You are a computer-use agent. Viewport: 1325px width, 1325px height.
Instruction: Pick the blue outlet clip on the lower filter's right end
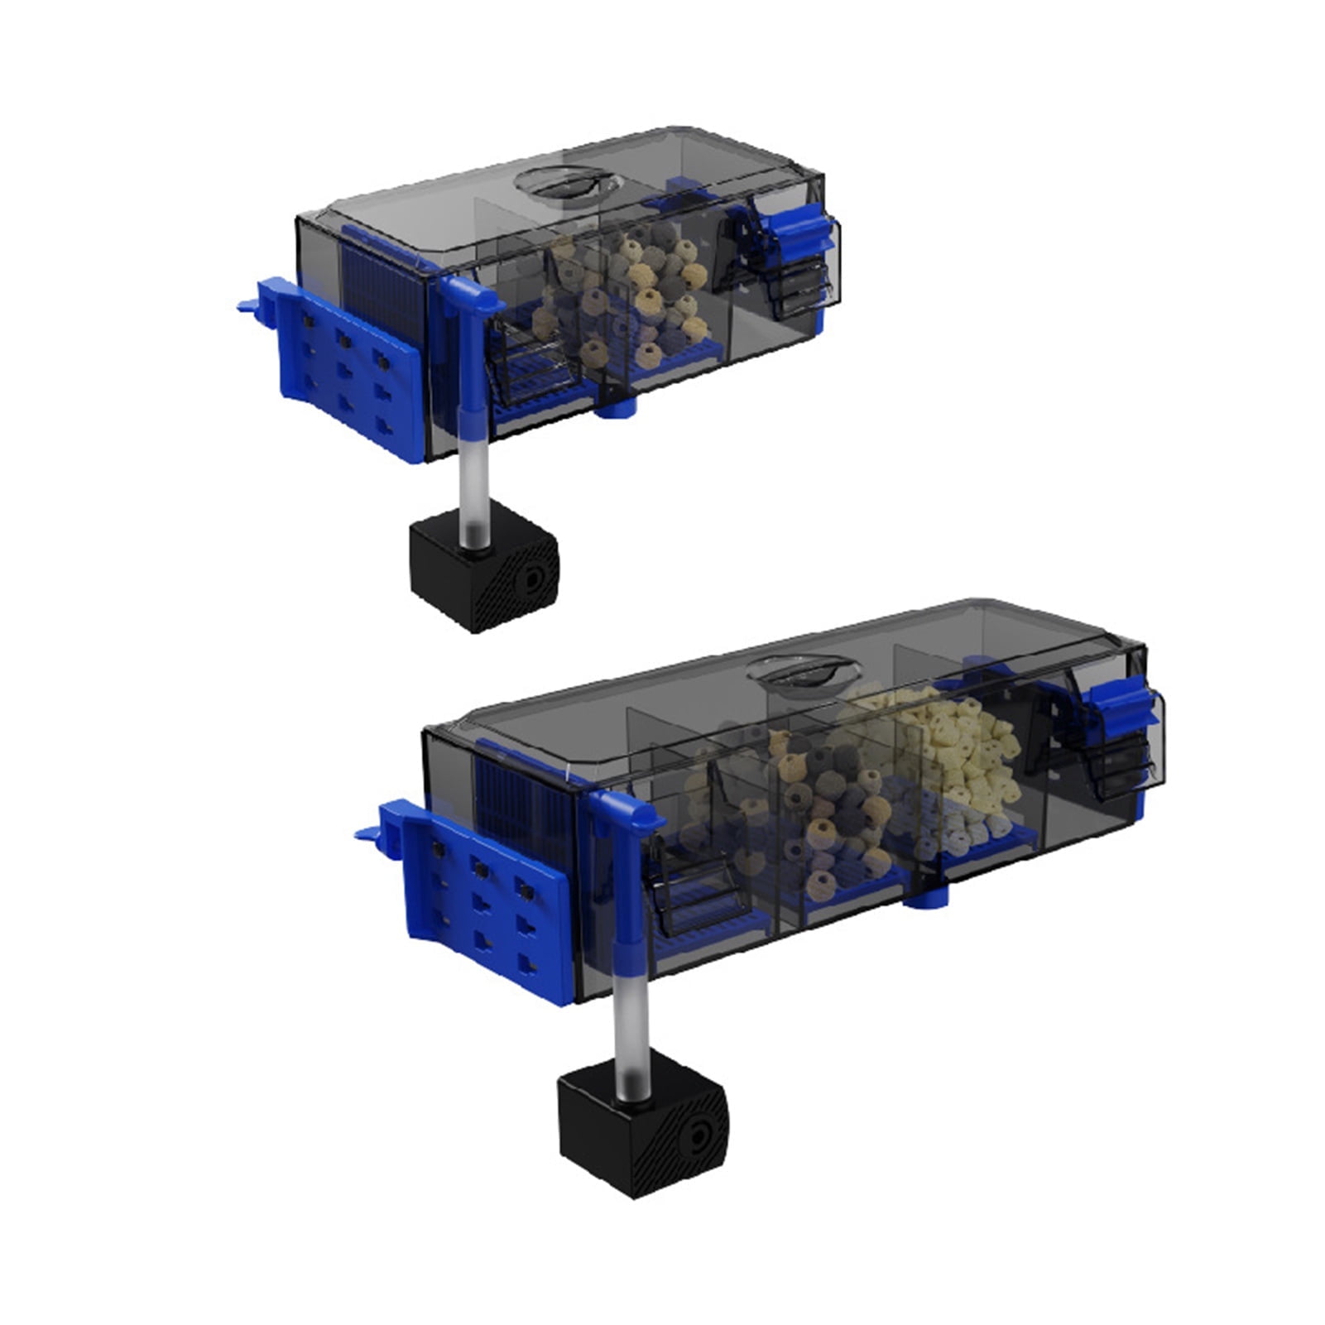[x=1121, y=712]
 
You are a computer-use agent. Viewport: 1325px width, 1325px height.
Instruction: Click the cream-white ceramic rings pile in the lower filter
[x=952, y=761]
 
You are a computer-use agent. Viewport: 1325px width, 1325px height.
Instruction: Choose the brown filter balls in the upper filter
[x=629, y=290]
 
